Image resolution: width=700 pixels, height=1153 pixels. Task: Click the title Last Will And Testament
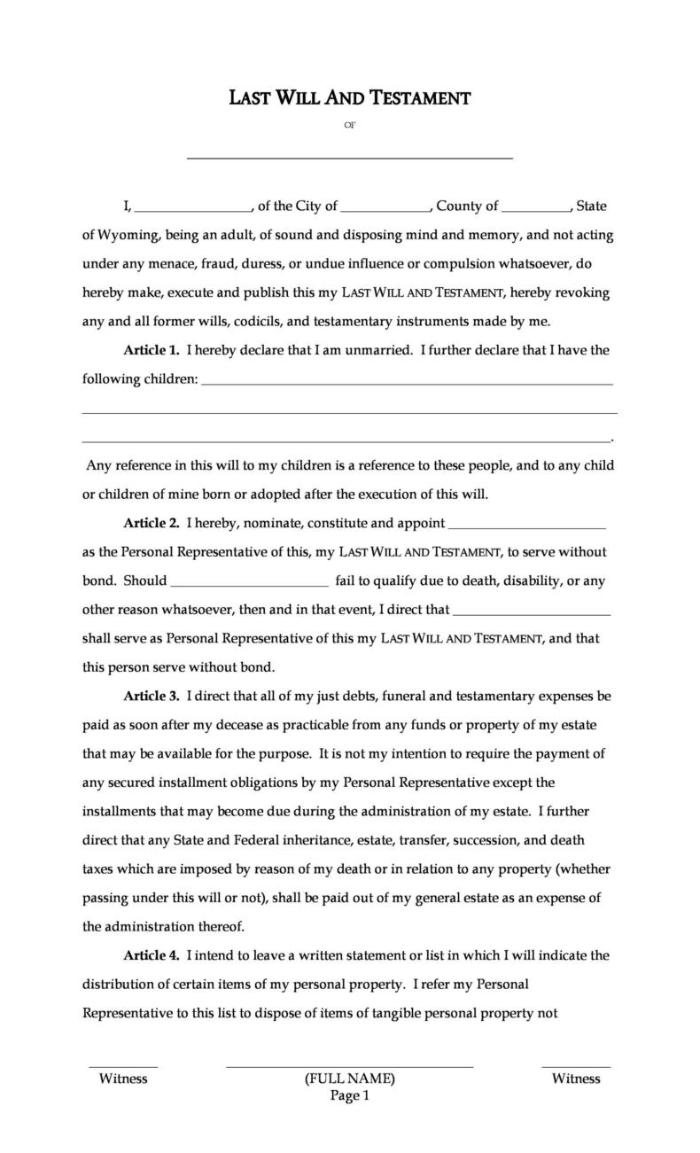click(349, 97)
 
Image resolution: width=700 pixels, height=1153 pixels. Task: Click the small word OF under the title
click(349, 126)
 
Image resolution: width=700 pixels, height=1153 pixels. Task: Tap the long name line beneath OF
click(349, 157)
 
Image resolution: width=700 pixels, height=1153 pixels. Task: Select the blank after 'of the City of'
click(385, 210)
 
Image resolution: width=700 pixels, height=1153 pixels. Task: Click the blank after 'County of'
click(535, 210)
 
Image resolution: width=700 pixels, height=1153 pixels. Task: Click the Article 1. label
click(152, 350)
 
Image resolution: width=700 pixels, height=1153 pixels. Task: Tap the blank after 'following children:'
click(408, 383)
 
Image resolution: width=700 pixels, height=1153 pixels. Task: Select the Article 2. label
click(152, 523)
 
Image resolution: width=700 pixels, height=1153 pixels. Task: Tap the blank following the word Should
click(249, 585)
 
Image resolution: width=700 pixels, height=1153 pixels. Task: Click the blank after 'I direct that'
click(532, 613)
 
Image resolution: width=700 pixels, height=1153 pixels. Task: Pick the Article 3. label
click(152, 696)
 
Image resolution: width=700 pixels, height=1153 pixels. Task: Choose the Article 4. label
click(152, 955)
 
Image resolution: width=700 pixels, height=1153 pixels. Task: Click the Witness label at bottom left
click(123, 1079)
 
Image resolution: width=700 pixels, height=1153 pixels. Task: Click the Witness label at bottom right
click(576, 1079)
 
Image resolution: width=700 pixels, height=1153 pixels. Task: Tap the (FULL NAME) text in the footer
click(349, 1079)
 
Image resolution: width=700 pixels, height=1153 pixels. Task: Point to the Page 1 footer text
click(349, 1095)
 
